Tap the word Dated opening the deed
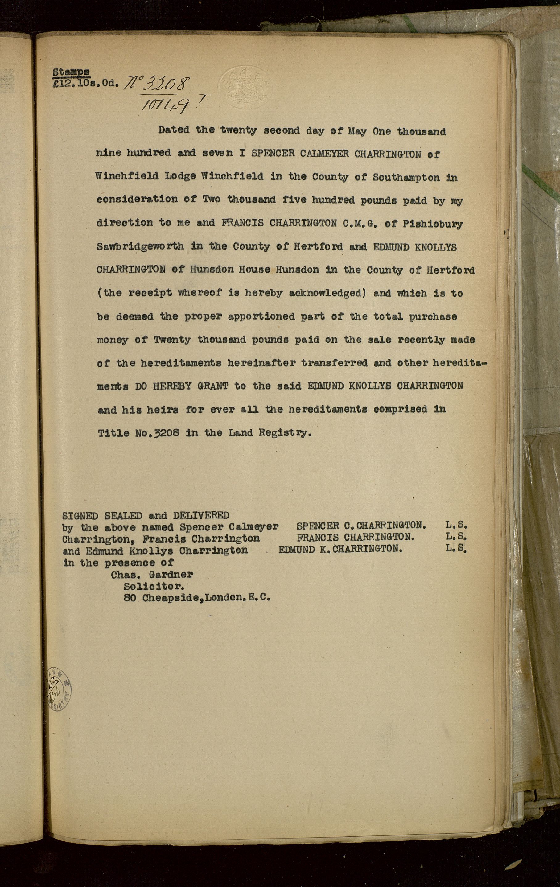[174, 130]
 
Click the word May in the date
[357, 131]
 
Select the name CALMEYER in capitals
[324, 154]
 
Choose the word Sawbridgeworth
[140, 246]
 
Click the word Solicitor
[154, 586]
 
